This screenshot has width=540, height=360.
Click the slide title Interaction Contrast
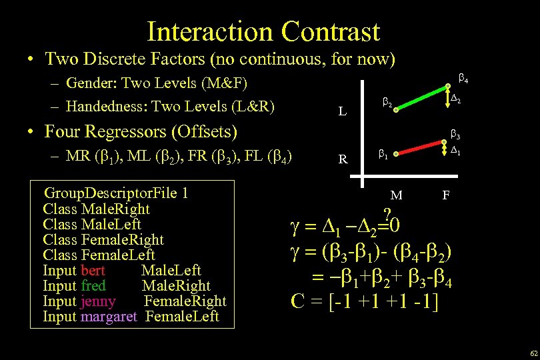pyautogui.click(x=263, y=31)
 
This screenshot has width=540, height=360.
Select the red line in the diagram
pyautogui.click(x=420, y=148)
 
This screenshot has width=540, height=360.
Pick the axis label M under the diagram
pyautogui.click(x=396, y=195)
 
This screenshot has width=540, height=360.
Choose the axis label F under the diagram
pyautogui.click(x=447, y=195)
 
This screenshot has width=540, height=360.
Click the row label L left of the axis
pyautogui.click(x=342, y=112)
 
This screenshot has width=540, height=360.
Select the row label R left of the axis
pyautogui.click(x=342, y=159)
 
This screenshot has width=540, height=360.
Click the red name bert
pyautogui.click(x=93, y=271)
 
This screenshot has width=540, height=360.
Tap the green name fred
pyautogui.click(x=93, y=286)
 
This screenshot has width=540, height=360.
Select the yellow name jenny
pyautogui.click(x=98, y=301)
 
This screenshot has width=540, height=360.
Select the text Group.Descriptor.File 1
pyautogui.click(x=115, y=193)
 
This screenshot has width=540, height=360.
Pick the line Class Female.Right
pyautogui.click(x=103, y=240)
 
